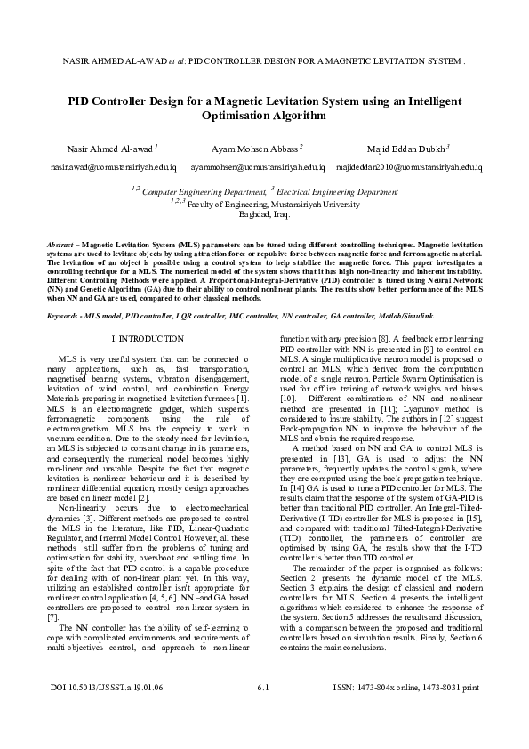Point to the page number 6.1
click(263, 713)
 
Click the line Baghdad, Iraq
click(265, 214)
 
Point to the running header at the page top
click(264, 64)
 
